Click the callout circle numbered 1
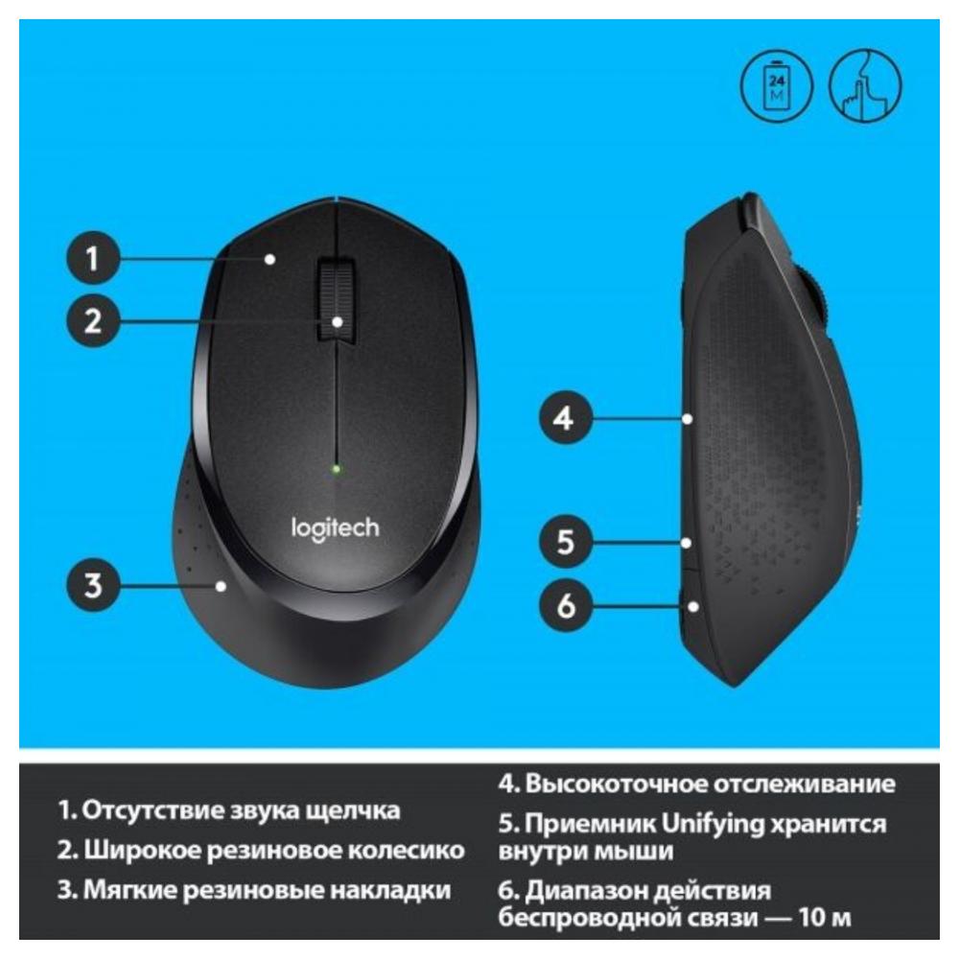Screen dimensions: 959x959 coord(92,257)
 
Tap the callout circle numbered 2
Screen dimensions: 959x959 coord(92,320)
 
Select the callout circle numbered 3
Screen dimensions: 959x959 coord(92,585)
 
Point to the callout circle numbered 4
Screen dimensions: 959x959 coord(565,418)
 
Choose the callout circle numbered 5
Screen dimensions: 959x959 coord(565,542)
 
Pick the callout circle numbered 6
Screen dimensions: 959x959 coord(565,605)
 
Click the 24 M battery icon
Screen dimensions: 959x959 coord(777,86)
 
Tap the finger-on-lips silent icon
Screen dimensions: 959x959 coord(865,86)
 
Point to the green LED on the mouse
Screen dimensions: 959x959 coord(336,470)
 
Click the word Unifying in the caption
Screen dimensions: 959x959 coord(713,825)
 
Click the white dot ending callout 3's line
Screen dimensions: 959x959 coord(222,586)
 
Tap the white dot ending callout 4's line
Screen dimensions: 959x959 coord(688,419)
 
